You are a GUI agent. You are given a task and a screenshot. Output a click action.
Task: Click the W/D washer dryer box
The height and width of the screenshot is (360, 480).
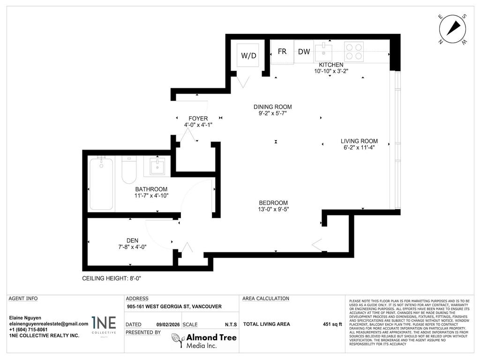tap(249, 56)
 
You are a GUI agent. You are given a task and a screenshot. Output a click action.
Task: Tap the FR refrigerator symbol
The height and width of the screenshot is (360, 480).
tap(282, 52)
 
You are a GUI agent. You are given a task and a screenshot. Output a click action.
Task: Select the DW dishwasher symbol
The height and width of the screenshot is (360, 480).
tap(304, 52)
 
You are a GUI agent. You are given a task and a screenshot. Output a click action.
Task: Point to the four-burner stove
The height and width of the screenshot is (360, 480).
tap(354, 51)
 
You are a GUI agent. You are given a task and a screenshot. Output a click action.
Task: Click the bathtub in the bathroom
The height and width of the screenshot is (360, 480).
tap(101, 184)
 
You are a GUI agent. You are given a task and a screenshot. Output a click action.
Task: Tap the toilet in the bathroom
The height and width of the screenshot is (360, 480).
tap(128, 170)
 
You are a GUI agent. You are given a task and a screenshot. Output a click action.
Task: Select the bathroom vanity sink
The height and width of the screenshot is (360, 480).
tap(157, 166)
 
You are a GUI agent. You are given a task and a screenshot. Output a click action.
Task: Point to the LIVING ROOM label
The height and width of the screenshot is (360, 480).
tap(359, 141)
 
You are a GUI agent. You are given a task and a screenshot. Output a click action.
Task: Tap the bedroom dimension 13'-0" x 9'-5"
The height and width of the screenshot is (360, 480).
tap(273, 210)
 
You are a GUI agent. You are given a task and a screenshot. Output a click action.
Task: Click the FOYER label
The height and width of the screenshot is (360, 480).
tap(198, 119)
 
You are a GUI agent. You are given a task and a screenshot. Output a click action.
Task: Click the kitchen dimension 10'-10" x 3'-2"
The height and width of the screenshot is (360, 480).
tap(331, 71)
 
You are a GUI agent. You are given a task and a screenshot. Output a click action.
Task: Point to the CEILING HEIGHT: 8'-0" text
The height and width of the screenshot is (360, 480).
tap(112, 278)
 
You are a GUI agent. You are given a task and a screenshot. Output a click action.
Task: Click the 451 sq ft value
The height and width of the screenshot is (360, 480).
tap(332, 324)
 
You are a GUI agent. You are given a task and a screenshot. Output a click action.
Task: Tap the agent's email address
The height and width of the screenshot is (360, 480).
tap(49, 323)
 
